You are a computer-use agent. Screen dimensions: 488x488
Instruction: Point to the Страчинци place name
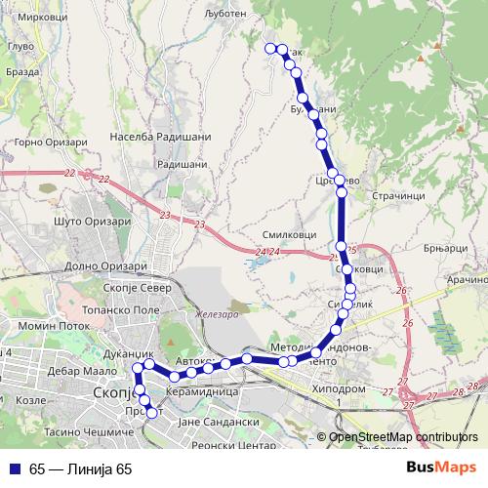pyautogui.click(x=397, y=194)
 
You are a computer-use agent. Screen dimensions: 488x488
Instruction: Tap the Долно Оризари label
pyautogui.click(x=106, y=264)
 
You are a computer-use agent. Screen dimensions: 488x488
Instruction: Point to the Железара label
pyautogui.click(x=217, y=313)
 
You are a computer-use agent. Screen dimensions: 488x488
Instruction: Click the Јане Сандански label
pyautogui.click(x=217, y=421)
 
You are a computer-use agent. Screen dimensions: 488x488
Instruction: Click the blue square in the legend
pyautogui.click(x=17, y=468)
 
